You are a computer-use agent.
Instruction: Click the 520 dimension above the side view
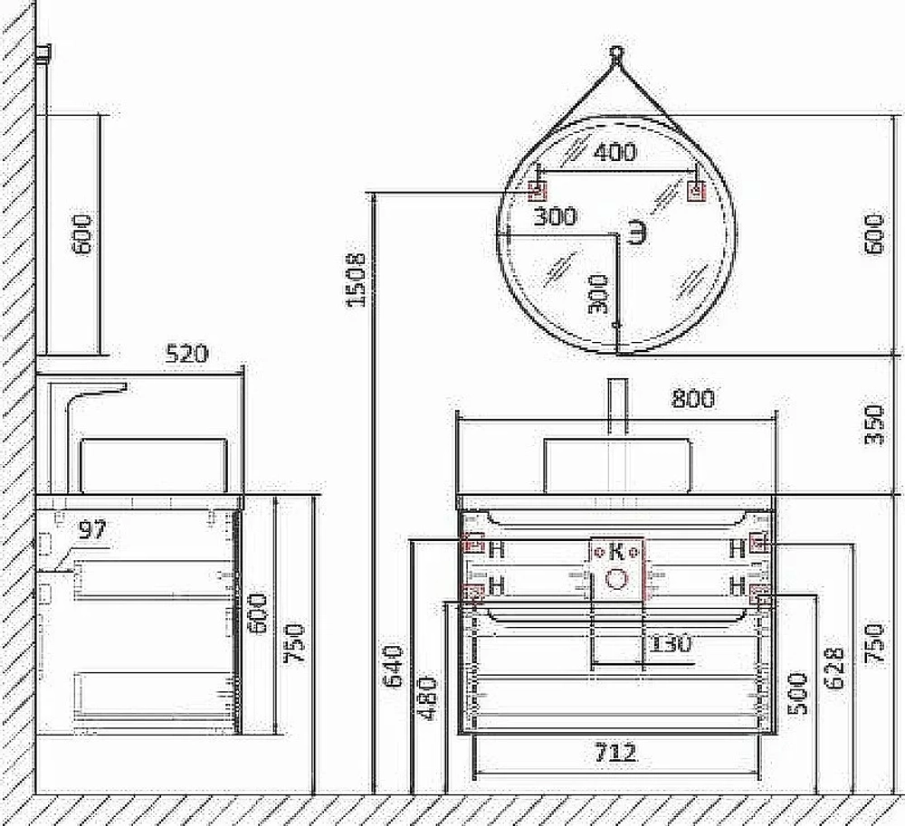(186, 354)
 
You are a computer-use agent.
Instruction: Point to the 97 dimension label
(93, 529)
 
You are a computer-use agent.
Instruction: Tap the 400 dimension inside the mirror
(614, 152)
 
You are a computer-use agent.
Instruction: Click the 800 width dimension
(693, 399)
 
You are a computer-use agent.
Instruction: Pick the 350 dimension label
(874, 424)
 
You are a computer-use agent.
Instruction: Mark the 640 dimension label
(394, 666)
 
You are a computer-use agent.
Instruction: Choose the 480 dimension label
(428, 698)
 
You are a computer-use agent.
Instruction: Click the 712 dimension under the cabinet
(615, 752)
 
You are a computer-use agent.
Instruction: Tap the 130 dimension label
(671, 642)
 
